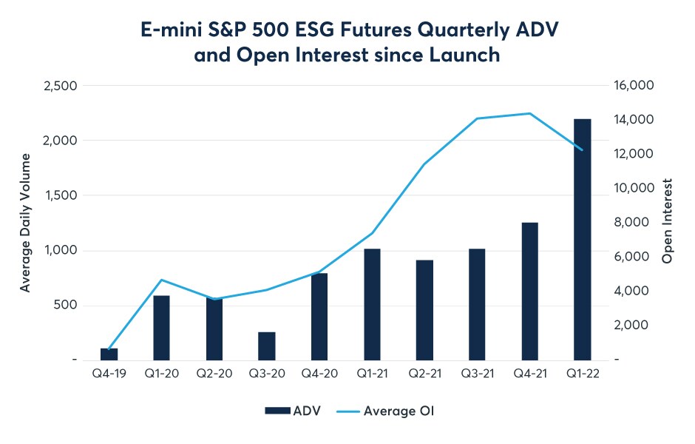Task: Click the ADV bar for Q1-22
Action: (x=582, y=239)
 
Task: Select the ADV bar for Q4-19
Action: (x=109, y=354)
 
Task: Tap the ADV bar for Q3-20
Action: (x=267, y=346)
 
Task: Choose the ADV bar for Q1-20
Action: (x=162, y=328)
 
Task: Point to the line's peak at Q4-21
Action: (x=529, y=113)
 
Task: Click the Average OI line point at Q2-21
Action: (x=424, y=164)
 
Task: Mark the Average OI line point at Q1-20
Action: (x=162, y=280)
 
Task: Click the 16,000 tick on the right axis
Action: (x=634, y=86)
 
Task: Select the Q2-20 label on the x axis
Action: (x=214, y=374)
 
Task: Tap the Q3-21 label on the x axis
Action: (x=477, y=374)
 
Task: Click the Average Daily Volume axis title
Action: (x=26, y=222)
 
